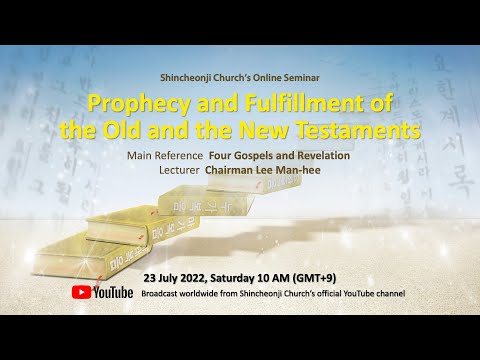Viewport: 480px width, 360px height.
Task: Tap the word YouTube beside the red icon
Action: pos(114,292)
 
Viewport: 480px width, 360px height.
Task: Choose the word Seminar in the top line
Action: pos(302,77)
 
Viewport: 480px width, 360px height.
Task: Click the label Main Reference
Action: pos(163,155)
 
